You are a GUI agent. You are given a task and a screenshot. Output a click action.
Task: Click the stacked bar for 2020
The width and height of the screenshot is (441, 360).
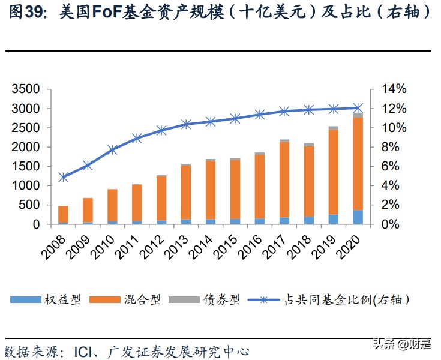tap(358, 169)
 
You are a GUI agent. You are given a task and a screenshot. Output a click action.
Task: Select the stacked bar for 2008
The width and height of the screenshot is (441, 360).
tap(63, 215)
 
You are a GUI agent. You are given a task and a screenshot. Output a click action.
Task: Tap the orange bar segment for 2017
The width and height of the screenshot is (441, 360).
tap(284, 179)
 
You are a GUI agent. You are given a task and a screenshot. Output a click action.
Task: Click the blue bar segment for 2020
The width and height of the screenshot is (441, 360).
tap(358, 217)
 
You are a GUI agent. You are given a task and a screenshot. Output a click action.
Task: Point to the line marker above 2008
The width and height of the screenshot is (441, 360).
tap(63, 177)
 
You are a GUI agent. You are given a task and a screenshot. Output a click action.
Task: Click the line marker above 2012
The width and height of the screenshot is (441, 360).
tap(161, 130)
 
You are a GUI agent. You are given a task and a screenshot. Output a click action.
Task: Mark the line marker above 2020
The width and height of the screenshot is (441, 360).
tap(358, 108)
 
